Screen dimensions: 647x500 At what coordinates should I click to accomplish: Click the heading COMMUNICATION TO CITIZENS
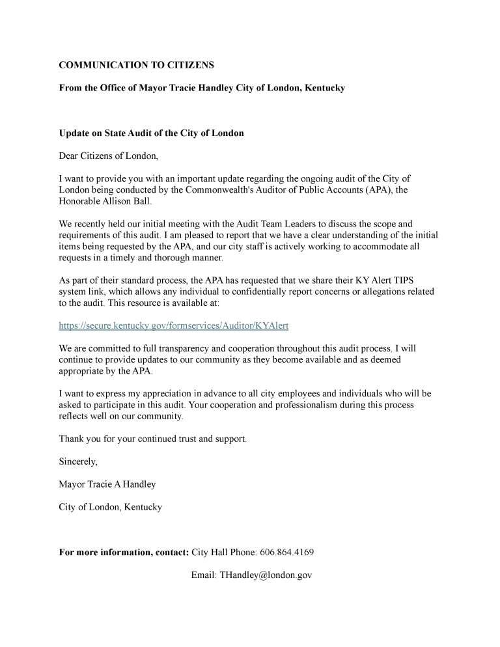coord(136,65)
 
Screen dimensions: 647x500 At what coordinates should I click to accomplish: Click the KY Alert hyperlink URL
coord(173,325)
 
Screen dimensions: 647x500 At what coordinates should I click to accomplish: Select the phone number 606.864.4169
coord(286,553)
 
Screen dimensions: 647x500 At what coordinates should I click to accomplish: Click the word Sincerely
coord(78,461)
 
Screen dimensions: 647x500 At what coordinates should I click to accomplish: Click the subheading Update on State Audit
coord(151,133)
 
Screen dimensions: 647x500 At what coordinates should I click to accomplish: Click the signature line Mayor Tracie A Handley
coord(107,484)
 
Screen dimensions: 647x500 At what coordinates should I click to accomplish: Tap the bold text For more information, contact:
coord(124,553)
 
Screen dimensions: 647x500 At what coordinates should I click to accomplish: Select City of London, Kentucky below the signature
coord(111,506)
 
